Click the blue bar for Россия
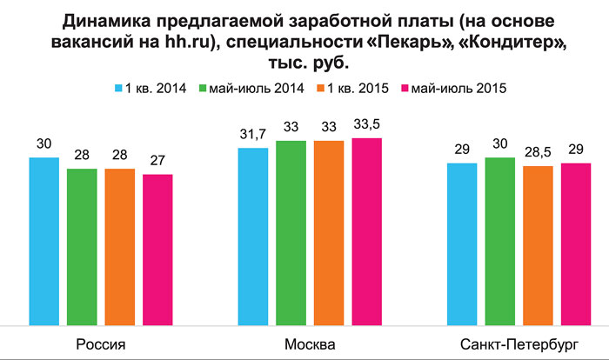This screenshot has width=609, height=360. click(43, 239)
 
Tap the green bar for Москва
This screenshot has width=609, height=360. click(291, 230)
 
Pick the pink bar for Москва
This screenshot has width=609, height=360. click(366, 230)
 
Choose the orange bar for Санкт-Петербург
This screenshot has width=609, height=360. click(538, 243)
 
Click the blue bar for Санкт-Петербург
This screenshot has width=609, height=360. click(462, 242)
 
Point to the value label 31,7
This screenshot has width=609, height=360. click(253, 131)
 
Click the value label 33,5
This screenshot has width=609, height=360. click(366, 122)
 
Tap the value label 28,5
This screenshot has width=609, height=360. click(538, 150)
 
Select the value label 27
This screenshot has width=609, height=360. click(157, 159)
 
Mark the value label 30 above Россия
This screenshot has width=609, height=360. click(43, 143)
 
